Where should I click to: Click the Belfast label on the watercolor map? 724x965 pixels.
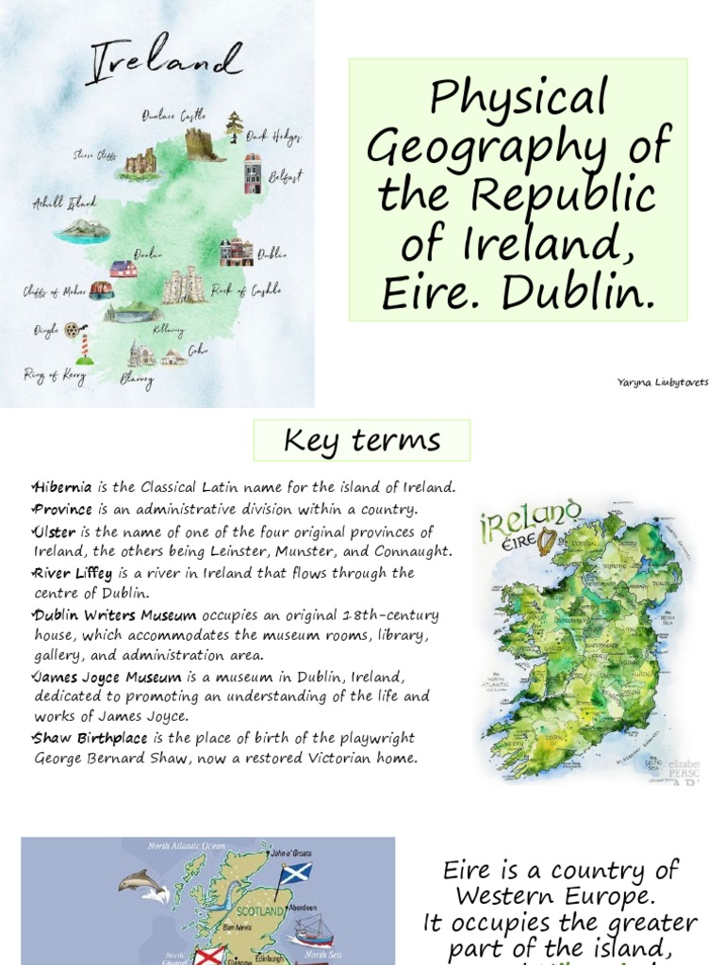285,176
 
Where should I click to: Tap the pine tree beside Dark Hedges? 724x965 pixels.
234,125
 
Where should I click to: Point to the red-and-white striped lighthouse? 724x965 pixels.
85,347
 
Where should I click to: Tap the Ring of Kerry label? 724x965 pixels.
55,375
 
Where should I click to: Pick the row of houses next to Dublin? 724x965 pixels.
236,252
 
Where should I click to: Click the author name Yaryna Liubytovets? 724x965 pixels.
663,382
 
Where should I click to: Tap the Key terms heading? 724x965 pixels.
362,440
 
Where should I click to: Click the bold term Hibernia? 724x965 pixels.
63,487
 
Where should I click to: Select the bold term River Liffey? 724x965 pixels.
74,573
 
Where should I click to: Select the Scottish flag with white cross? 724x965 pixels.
295,873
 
